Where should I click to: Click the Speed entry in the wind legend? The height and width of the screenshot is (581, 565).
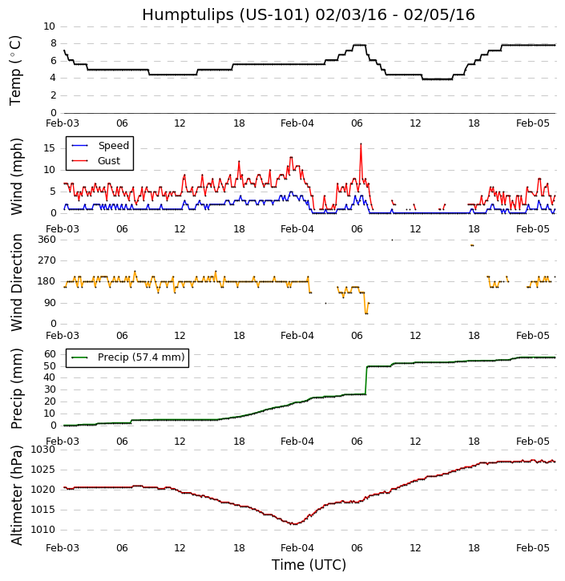tap(113, 146)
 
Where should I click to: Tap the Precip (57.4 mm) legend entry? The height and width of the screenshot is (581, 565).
tap(140, 357)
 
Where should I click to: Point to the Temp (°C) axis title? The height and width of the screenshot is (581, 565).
tap(16, 70)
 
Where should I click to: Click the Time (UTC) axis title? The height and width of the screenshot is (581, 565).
tap(309, 565)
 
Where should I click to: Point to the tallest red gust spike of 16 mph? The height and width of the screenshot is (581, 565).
tap(361, 144)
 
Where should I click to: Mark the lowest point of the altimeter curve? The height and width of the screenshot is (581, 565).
tap(295, 524)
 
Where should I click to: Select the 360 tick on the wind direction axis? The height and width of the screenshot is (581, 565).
tap(46, 239)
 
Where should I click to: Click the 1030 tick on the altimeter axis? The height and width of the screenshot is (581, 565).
tap(43, 450)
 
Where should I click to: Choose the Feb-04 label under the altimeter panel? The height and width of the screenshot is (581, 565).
tap(297, 548)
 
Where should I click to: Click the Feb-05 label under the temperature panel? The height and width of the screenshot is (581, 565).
tap(533, 123)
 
